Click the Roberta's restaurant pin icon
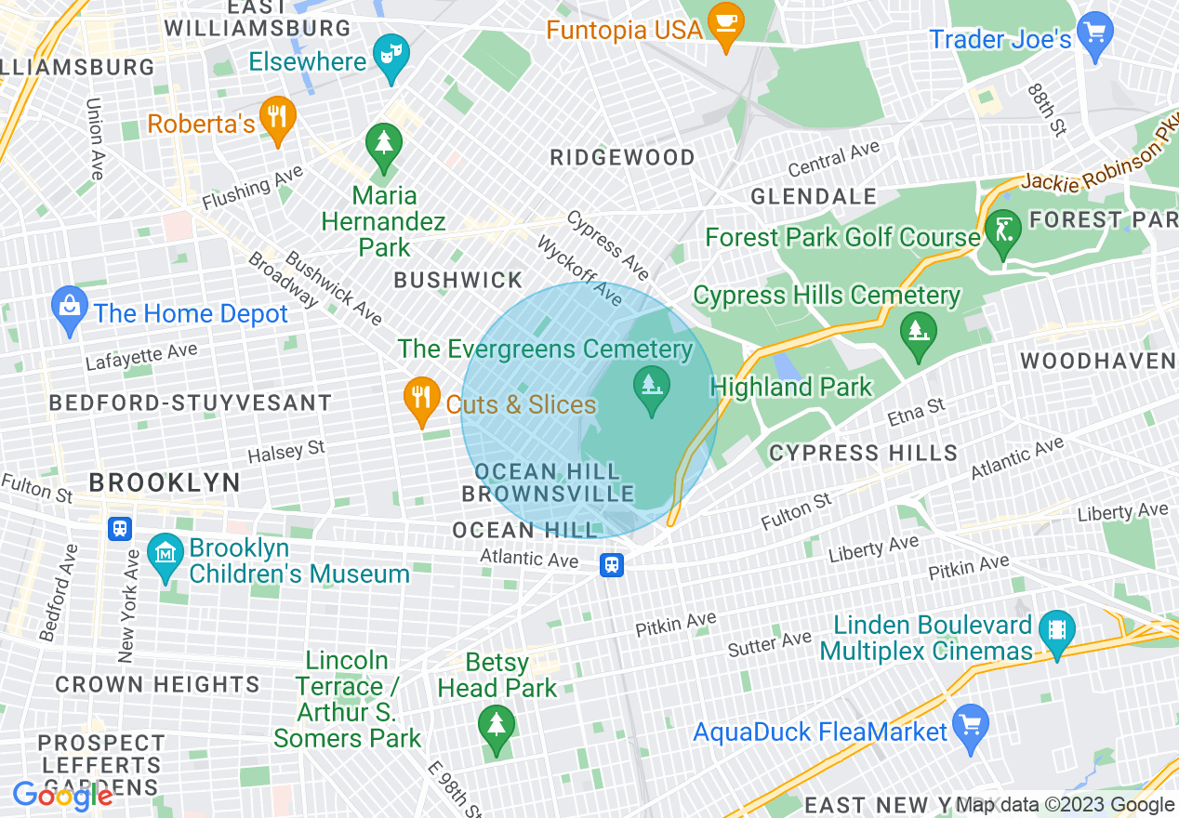(276, 118)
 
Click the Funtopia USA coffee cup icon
(725, 21)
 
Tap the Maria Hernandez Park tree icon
(383, 146)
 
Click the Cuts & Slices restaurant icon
(422, 399)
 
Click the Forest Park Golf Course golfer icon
(1003, 231)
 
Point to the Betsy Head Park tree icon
(496, 726)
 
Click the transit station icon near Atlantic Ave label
(611, 564)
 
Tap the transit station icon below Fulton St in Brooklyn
(120, 529)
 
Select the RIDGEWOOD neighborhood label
(622, 157)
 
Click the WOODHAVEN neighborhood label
(1097, 361)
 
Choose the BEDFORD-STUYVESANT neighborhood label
(190, 402)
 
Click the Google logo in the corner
(62, 796)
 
